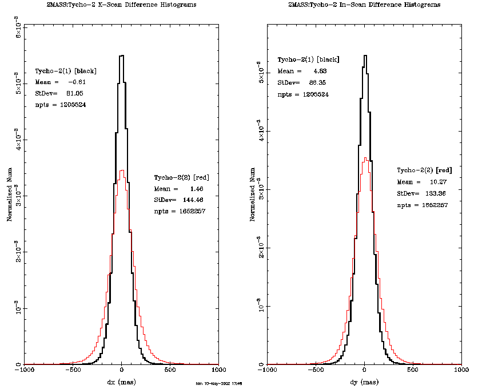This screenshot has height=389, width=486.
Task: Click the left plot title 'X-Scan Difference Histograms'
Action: click(121, 5)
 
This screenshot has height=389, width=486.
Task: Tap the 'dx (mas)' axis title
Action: click(121, 381)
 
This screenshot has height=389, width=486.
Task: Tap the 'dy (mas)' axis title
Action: click(365, 381)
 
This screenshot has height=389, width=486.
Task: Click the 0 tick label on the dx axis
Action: click(121, 371)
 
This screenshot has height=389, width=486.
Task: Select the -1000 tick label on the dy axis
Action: click(267, 371)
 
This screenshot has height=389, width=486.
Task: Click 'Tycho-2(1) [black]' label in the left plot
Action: click(66, 71)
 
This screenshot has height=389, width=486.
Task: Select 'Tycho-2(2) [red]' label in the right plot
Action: click(425, 170)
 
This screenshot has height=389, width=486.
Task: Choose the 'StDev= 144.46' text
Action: click(179, 200)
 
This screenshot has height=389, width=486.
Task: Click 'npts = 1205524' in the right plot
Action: click(303, 94)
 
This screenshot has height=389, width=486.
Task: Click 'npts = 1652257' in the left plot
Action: click(180, 212)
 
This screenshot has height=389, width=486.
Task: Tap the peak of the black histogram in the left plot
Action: click(121, 55)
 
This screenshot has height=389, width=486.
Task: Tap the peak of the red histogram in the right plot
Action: click(365, 158)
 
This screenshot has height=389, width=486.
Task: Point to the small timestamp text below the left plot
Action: click(219, 383)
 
